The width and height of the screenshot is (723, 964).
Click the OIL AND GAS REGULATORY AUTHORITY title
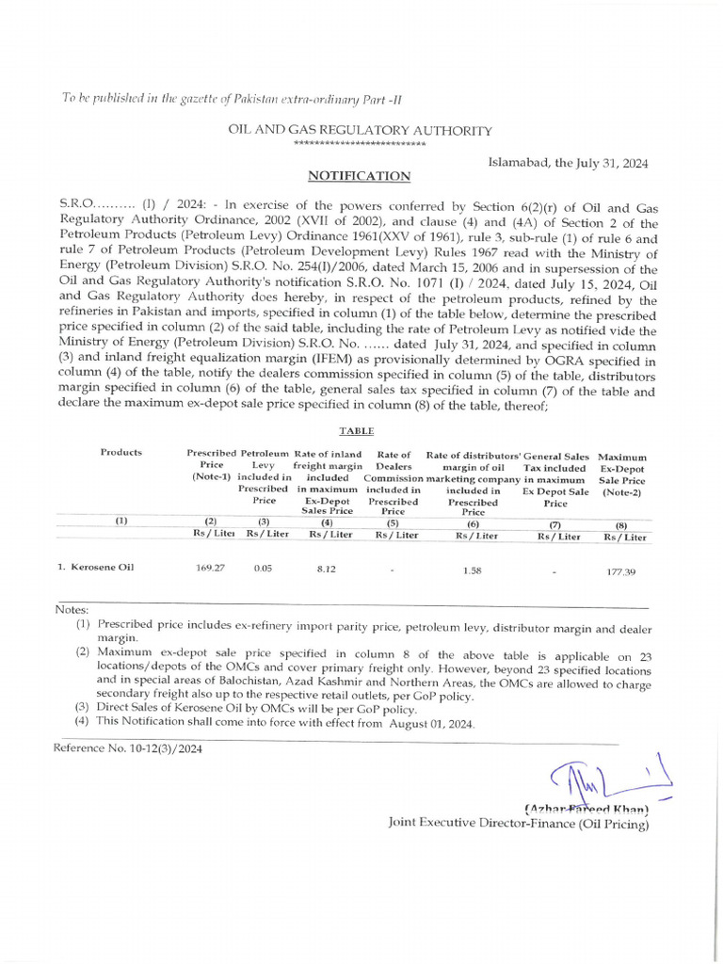click(x=361, y=130)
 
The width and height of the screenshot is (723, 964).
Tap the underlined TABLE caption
click(x=356, y=430)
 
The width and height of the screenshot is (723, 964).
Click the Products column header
click(x=121, y=452)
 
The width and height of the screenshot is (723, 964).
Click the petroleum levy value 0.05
click(x=263, y=569)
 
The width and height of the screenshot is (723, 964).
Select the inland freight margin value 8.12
click(x=326, y=569)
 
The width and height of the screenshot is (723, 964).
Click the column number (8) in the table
click(x=621, y=525)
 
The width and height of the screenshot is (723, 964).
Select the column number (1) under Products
click(x=121, y=521)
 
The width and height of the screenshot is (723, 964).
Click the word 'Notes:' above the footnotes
click(x=72, y=610)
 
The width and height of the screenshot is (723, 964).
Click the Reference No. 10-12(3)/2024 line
click(x=127, y=749)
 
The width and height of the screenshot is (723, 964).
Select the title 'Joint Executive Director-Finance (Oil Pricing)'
click(x=519, y=823)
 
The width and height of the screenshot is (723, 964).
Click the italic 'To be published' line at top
click(x=232, y=99)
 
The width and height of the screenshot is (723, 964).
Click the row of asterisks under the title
click(x=360, y=144)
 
